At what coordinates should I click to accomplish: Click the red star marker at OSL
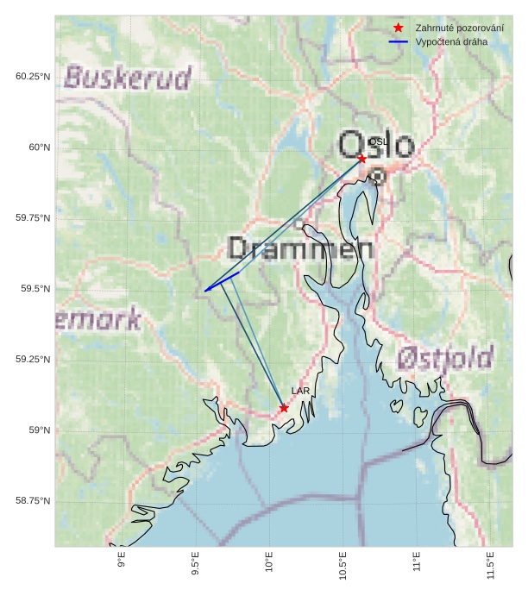(x=361, y=159)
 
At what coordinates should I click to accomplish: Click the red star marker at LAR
(x=284, y=408)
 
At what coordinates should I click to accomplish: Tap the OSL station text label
(x=378, y=141)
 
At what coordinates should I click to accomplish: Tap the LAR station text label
(x=300, y=391)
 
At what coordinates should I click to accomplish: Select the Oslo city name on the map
(x=376, y=145)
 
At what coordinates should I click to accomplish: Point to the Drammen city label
(x=300, y=250)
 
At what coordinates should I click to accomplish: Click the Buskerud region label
(x=128, y=78)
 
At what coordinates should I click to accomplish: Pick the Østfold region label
(x=446, y=358)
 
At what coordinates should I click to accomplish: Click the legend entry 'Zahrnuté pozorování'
(x=459, y=28)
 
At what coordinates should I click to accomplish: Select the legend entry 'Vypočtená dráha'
(x=450, y=41)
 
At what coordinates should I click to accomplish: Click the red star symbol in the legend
(x=398, y=28)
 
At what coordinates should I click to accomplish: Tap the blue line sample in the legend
(x=398, y=41)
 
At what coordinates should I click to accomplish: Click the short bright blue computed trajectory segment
(x=222, y=282)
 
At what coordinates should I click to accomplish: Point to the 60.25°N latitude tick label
(x=33, y=76)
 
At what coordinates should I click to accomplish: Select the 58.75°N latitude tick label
(x=33, y=500)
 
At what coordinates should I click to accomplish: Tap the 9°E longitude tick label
(x=122, y=561)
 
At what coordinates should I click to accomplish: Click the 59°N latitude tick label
(x=38, y=430)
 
